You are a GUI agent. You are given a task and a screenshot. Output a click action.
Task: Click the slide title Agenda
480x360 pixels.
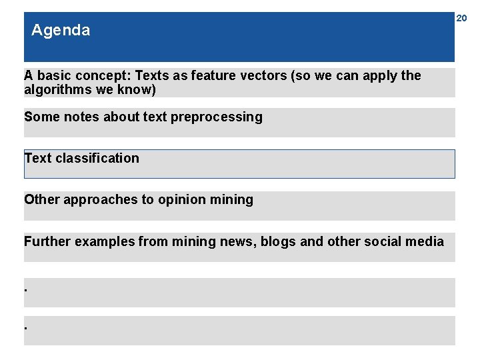(x=61, y=30)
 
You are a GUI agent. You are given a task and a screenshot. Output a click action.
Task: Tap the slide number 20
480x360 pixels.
(x=461, y=19)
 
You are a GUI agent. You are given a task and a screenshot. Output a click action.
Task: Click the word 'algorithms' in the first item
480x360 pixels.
(x=53, y=89)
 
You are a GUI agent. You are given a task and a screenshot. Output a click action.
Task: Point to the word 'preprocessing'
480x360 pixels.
(x=217, y=117)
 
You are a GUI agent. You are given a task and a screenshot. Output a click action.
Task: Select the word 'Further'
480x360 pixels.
(x=47, y=241)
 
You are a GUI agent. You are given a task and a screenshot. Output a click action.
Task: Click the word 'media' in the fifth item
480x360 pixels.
(x=427, y=241)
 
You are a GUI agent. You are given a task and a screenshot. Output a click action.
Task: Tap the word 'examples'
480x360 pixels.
(x=105, y=241)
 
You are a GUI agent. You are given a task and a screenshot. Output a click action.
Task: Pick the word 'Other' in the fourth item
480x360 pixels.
(x=41, y=199)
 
